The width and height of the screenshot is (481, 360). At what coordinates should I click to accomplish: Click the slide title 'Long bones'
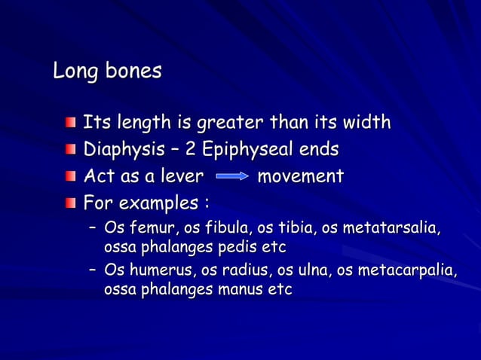point(107,72)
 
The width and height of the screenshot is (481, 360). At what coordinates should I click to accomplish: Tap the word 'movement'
point(300,177)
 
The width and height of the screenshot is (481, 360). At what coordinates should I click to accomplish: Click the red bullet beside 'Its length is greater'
point(70,123)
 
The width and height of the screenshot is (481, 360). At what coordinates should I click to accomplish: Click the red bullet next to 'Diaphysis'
point(70,150)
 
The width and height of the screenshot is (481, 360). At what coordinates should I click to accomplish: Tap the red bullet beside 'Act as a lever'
point(70,177)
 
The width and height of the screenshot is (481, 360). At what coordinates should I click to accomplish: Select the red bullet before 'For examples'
point(70,204)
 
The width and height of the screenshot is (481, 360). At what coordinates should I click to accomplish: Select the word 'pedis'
point(237,246)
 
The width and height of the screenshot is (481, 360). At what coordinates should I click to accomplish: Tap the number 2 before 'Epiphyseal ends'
point(192,150)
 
